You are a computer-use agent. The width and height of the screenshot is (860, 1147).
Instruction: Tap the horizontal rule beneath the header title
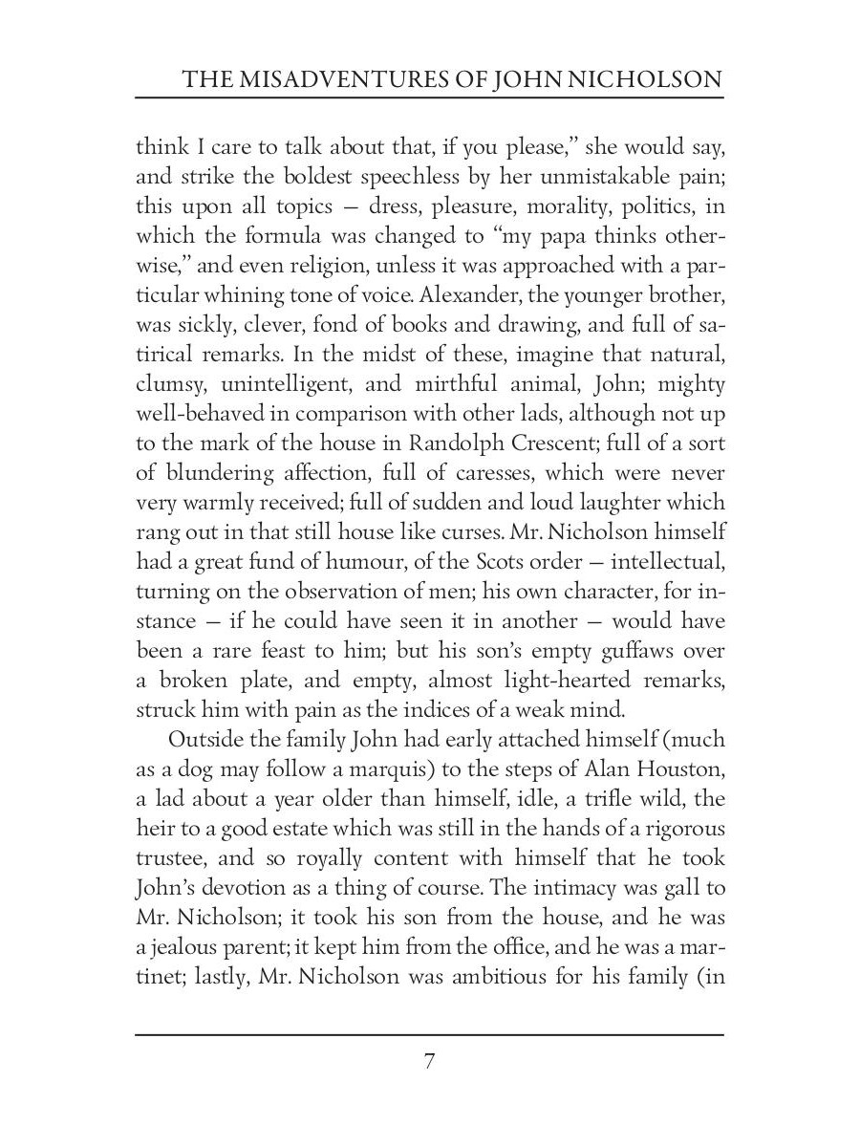[x=430, y=98]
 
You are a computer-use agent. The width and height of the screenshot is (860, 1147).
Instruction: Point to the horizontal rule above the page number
[x=430, y=1035]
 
